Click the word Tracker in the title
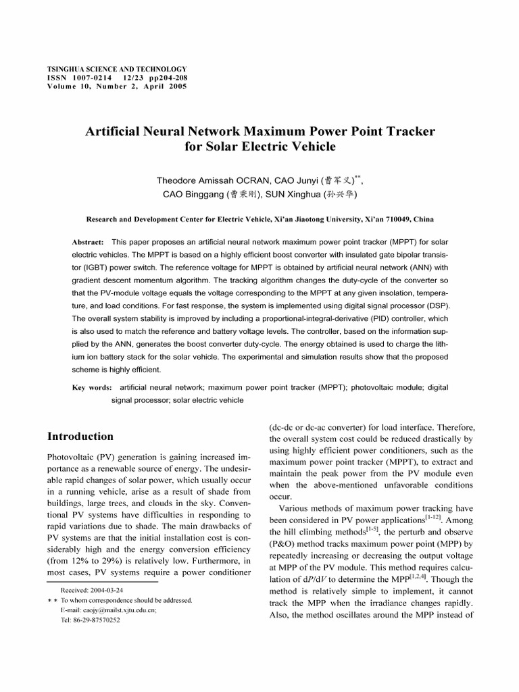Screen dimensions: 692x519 pyautogui.click(x=403, y=130)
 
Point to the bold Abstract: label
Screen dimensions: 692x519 pyautogui.click(x=88, y=242)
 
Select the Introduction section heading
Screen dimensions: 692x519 pyautogui.click(x=80, y=436)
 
